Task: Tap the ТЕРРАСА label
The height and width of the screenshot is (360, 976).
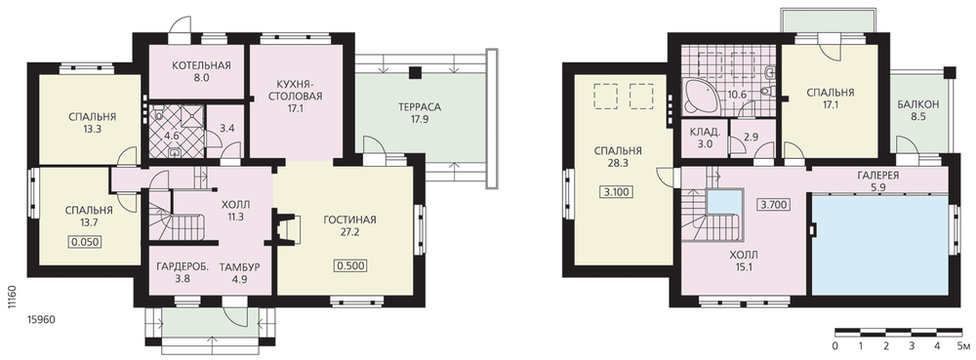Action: pyautogui.click(x=420, y=107)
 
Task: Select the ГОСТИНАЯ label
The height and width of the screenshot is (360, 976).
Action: pyautogui.click(x=349, y=220)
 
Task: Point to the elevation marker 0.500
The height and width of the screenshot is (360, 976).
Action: pyautogui.click(x=351, y=266)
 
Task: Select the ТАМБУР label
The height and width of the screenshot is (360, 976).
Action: pyautogui.click(x=240, y=267)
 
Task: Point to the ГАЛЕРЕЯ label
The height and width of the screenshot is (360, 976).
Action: pyautogui.click(x=879, y=176)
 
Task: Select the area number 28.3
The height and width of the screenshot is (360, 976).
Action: pyautogui.click(x=618, y=163)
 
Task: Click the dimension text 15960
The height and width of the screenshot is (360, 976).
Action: pyautogui.click(x=42, y=320)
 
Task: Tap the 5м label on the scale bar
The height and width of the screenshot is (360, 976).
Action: pyautogui.click(x=963, y=345)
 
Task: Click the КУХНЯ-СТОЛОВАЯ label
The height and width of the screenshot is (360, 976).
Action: pyautogui.click(x=300, y=90)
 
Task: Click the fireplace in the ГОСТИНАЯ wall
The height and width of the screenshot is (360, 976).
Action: pyautogui.click(x=286, y=227)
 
